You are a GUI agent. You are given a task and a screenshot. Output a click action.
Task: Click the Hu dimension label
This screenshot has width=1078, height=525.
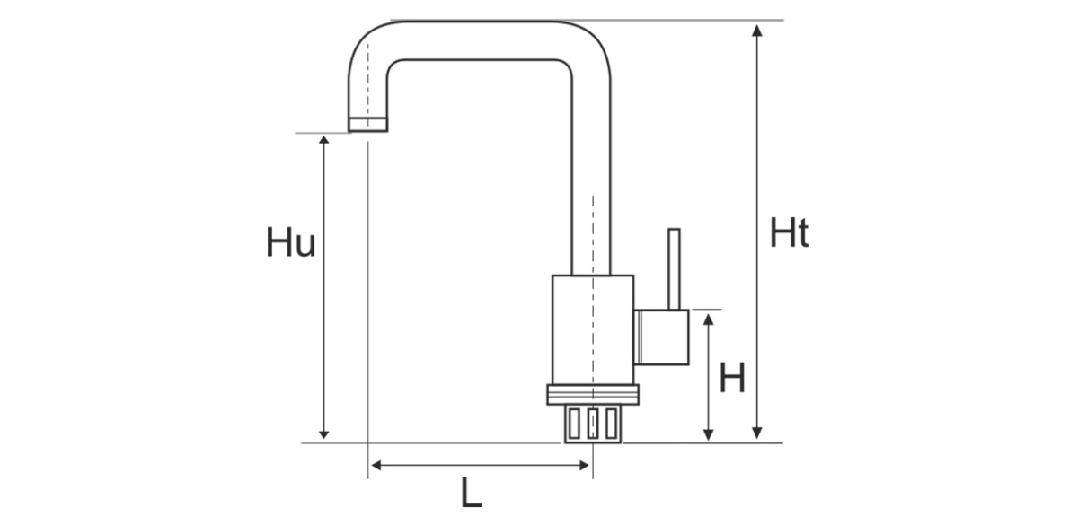(x=290, y=243)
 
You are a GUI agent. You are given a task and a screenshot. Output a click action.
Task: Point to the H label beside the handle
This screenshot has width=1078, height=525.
(x=733, y=378)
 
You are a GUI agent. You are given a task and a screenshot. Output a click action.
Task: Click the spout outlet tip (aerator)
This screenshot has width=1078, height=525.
(x=367, y=125)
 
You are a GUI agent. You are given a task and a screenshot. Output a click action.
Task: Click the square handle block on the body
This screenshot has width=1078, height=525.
(x=662, y=337)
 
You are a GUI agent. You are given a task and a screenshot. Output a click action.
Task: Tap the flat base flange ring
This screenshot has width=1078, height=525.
(x=593, y=394)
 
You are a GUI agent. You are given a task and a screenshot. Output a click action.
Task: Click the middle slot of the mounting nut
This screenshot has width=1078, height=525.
(x=592, y=423)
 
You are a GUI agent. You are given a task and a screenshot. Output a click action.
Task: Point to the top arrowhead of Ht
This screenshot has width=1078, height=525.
(x=757, y=30)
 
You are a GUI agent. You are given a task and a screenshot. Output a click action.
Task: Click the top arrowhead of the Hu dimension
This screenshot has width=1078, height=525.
(x=324, y=143)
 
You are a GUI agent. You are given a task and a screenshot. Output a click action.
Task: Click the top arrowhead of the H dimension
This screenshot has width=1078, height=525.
(x=709, y=319)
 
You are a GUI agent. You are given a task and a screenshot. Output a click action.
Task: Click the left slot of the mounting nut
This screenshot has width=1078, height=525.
(x=573, y=423)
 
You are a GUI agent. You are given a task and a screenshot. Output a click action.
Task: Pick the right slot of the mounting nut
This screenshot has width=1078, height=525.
(x=611, y=423)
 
